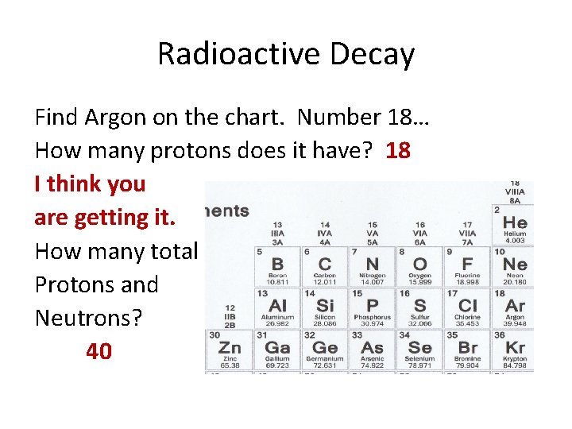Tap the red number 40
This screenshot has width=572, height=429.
point(99,351)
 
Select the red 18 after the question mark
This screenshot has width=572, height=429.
point(398,150)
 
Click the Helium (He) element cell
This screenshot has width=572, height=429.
point(515,226)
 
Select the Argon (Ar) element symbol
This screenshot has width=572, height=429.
point(515,306)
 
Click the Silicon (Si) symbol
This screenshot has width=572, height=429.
point(325,306)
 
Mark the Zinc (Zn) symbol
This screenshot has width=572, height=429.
point(230,348)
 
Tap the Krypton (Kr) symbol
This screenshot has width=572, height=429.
point(515,348)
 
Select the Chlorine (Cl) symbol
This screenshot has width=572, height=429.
point(468,306)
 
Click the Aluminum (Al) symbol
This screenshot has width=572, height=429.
point(277,306)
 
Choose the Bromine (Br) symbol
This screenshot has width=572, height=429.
point(468,348)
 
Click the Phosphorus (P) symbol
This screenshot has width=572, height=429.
point(372,306)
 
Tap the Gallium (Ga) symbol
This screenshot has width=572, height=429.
point(277,348)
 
